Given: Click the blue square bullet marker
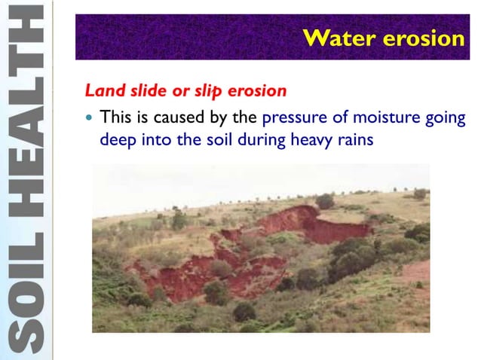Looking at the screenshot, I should pos(90,118).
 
